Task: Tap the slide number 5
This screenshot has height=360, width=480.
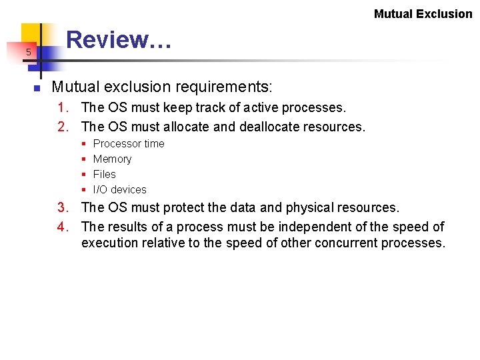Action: (29, 52)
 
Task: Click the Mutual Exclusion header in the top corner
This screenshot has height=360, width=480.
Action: (423, 14)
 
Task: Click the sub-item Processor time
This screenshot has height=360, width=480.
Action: (129, 144)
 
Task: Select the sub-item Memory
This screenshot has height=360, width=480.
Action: (112, 159)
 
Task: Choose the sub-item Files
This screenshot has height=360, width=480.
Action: (104, 175)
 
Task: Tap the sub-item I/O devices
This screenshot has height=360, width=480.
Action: (119, 190)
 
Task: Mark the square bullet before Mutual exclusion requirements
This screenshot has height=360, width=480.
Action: (38, 88)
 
